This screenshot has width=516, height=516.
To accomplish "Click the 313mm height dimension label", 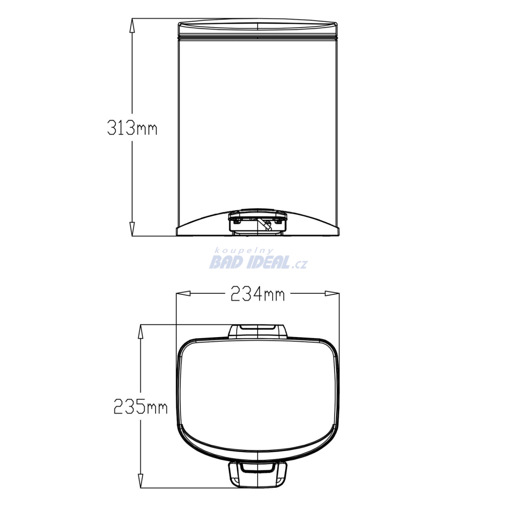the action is coord(132,127).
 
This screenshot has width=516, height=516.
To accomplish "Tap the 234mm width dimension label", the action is coord(257,294).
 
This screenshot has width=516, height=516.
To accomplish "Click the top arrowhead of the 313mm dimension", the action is coord(132,25).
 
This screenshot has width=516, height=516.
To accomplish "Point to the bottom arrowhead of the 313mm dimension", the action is coord(132,229).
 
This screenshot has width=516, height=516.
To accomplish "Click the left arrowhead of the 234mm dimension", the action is coord(183,293).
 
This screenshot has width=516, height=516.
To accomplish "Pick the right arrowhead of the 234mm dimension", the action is coord(332,293).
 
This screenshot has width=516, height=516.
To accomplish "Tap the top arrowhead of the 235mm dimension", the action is coord(141,332).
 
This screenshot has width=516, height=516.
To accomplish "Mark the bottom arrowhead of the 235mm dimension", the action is coord(141,481).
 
